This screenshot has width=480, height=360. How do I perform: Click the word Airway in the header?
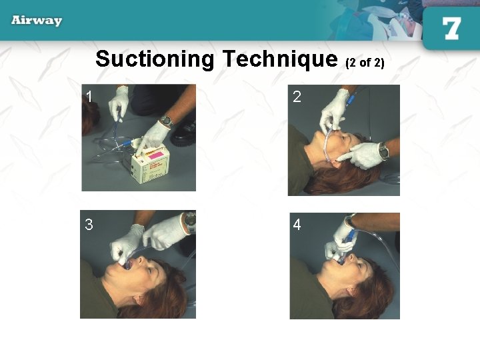[x=37, y=20]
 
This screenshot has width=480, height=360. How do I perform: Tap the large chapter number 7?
[x=451, y=29]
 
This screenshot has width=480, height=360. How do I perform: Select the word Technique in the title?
[x=280, y=59]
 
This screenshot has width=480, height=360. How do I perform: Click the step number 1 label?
[x=89, y=97]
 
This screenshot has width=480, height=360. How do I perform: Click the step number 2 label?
[x=297, y=97]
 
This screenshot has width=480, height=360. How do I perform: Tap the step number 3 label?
[x=89, y=225]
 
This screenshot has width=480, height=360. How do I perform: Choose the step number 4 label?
[x=297, y=225]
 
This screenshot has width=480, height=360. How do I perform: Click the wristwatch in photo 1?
[x=167, y=121]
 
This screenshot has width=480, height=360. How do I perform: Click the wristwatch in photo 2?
[x=384, y=151]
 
